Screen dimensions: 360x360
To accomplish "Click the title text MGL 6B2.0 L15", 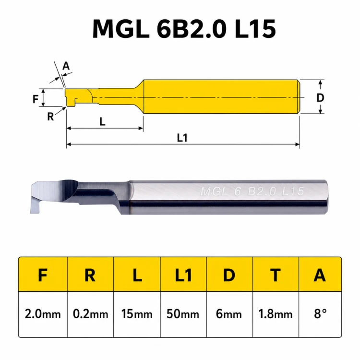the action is pos(184,29).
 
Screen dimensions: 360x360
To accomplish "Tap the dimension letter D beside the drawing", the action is pos(320,98).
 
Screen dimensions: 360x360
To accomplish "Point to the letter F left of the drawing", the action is pos(36,99).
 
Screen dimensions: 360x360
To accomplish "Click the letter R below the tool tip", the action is pos(50,117).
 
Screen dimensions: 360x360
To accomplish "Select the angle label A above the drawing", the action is pos(66,66).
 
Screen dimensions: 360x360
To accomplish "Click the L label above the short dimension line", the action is pos(102,121).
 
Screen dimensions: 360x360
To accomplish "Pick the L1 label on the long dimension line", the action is pos(182,138).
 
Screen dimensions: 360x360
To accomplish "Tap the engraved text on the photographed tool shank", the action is pos(252,191).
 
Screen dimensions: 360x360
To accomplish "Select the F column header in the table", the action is pos(43,275).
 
